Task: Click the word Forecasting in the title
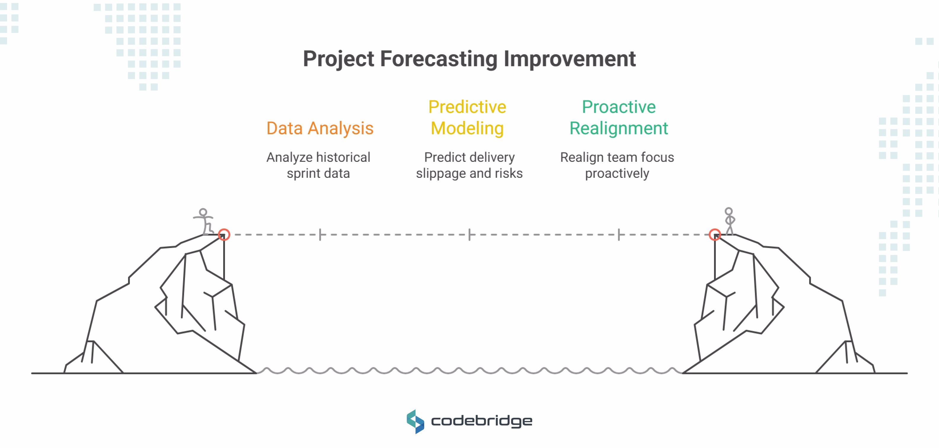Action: point(438,59)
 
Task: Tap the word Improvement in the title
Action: point(570,59)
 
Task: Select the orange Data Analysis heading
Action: point(320,128)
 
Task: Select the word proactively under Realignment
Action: point(617,174)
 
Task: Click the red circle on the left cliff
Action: point(224,234)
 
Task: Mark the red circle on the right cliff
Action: point(715,234)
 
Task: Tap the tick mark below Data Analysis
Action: point(320,234)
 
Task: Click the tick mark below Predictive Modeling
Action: point(469,234)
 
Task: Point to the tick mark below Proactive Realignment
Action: point(619,234)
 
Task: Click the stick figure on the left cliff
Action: point(205,221)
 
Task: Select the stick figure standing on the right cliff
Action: point(729,221)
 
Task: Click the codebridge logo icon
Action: point(415,421)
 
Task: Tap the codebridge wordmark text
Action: point(482,421)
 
